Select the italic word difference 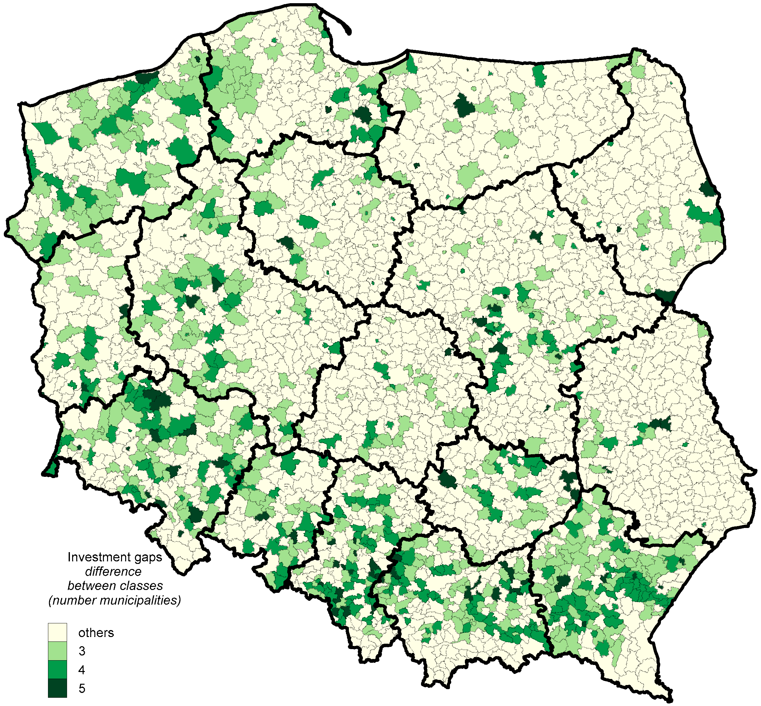113,572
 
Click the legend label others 96,633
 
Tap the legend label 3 82,651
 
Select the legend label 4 82,670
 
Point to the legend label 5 82,689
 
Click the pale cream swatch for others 57,633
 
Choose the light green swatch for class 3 57,651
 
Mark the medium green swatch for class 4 57,669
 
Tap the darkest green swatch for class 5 57,688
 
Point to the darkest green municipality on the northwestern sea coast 146,77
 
